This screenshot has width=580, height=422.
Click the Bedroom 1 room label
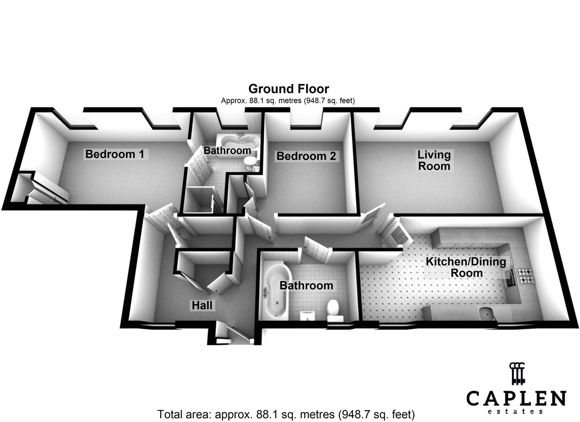pos(115,154)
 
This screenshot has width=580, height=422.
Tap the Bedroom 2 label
pos(306,156)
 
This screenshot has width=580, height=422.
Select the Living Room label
pos(434,160)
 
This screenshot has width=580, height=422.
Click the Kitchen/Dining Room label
pos(466,267)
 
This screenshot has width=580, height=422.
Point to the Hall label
pos(202,305)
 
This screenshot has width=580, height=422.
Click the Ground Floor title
pos(289,89)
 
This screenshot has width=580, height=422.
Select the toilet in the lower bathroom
pos(333,309)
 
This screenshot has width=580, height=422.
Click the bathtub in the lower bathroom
pos(275,289)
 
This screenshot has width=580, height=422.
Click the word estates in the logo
pos(516,411)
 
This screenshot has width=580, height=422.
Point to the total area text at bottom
pos(286,414)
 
